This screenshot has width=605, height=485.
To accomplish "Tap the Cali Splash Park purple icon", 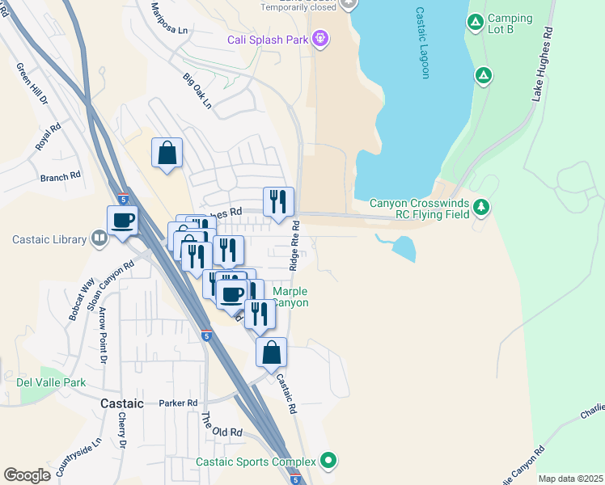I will click(x=320, y=38).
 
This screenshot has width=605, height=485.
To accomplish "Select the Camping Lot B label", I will click(x=510, y=24).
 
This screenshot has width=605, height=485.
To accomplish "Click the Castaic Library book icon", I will click(x=98, y=238).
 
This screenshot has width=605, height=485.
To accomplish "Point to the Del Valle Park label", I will click(x=51, y=382).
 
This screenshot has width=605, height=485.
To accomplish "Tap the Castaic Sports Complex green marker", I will click(x=328, y=462).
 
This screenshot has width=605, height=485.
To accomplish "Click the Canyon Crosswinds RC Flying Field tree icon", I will click(x=482, y=208).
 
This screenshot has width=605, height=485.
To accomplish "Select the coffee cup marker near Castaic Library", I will click(x=122, y=220).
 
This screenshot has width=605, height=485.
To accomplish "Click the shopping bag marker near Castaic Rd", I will click(x=272, y=352).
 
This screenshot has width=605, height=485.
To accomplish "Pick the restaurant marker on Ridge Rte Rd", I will click(x=278, y=201).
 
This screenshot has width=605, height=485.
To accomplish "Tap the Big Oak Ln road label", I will click(x=197, y=91).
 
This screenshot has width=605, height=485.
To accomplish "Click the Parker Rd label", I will click(x=178, y=403).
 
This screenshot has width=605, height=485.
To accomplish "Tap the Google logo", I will click(x=27, y=475).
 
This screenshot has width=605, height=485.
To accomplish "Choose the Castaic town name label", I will click(x=121, y=403).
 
